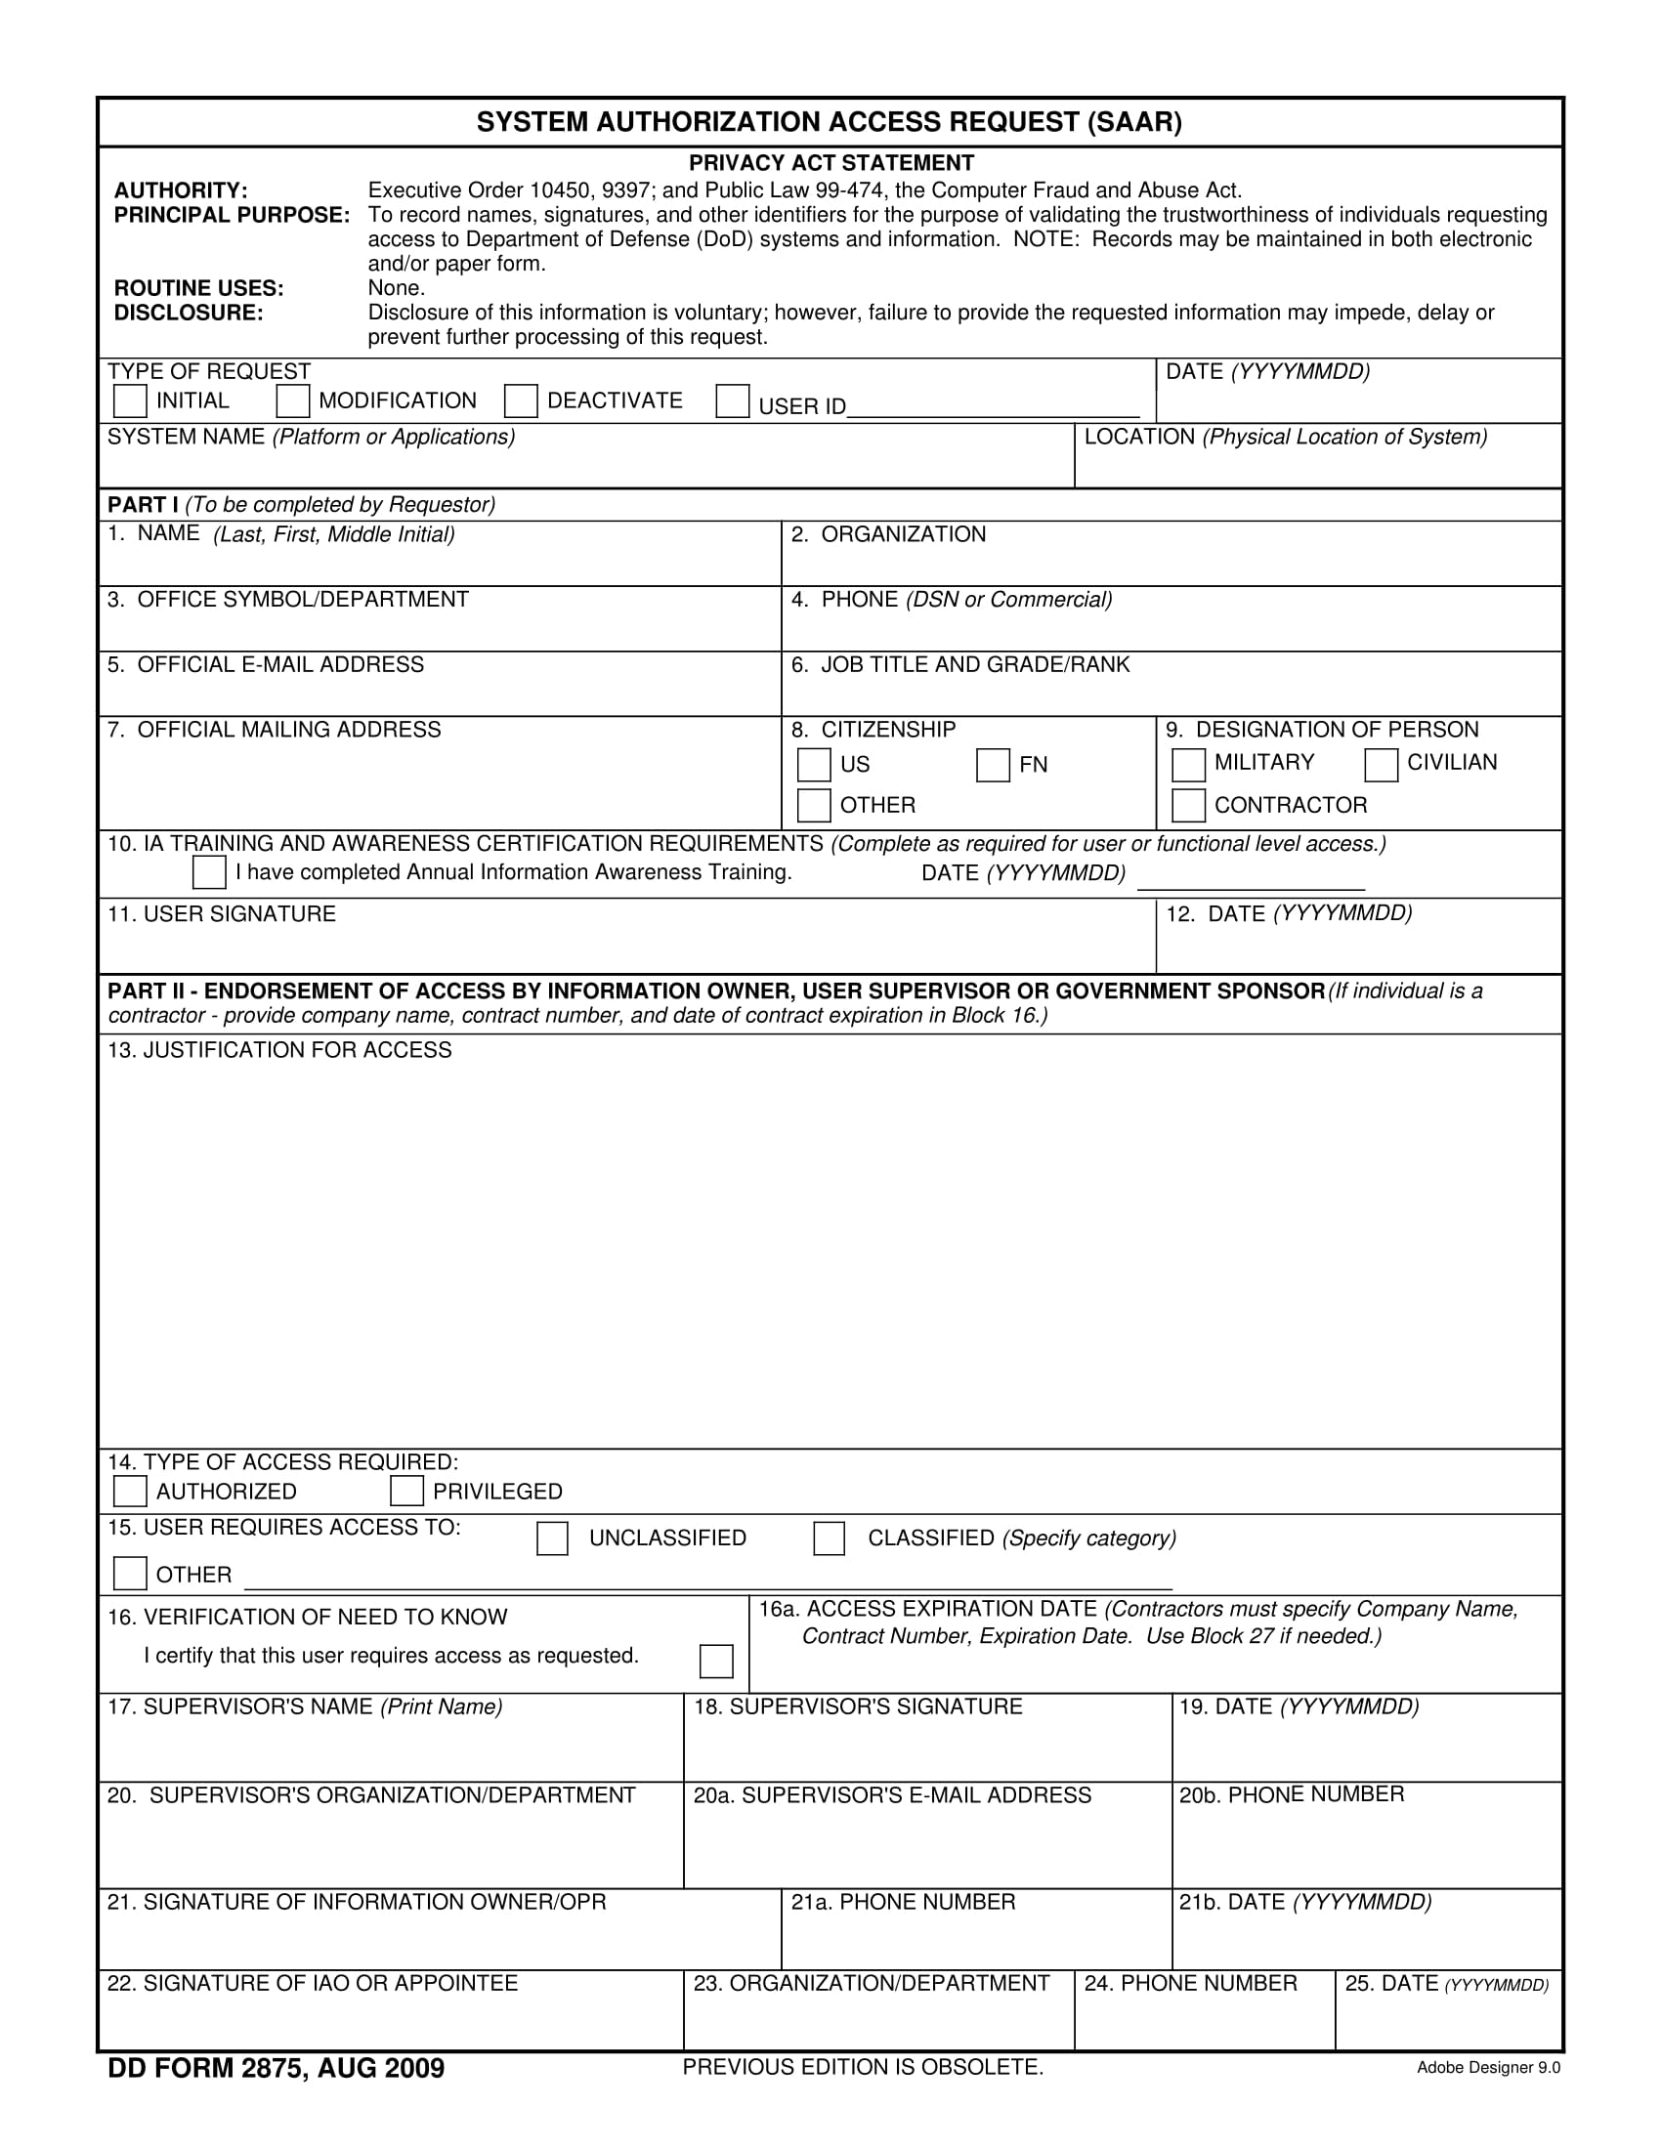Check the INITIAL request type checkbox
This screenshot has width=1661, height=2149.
point(130,401)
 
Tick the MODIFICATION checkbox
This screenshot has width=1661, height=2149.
point(292,401)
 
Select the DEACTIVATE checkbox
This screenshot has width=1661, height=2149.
point(521,401)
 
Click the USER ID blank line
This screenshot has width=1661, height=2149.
point(992,407)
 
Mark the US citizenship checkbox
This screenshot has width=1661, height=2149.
point(814,766)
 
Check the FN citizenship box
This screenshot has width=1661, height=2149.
point(993,766)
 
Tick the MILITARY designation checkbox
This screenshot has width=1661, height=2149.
point(1189,765)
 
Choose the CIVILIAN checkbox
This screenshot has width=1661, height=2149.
point(1382,765)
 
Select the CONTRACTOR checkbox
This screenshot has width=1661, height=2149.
point(1189,806)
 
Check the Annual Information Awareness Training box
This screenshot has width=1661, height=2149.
point(209,872)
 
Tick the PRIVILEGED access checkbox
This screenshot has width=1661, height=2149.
point(406,1492)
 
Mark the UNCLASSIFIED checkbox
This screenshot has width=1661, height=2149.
point(552,1538)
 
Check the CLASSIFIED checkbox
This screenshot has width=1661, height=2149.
point(830,1538)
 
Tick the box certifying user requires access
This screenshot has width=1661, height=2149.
point(716,1662)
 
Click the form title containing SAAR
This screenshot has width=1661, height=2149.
point(830,122)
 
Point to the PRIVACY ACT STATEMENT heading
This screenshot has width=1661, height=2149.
point(831,163)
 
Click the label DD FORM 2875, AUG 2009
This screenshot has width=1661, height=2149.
point(277,2068)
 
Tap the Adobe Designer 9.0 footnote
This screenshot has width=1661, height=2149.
point(1488,2068)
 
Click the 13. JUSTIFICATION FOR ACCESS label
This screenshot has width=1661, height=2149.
point(279,1050)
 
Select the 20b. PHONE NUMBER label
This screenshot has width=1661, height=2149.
point(1291,1794)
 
